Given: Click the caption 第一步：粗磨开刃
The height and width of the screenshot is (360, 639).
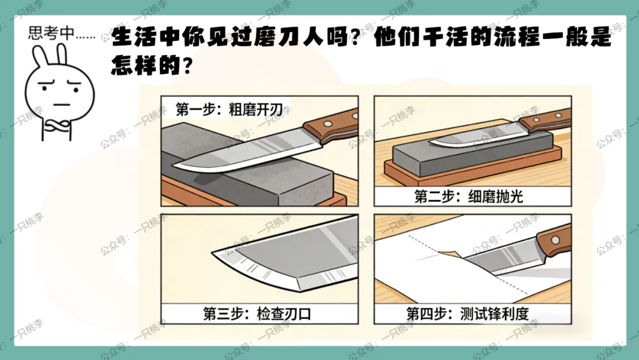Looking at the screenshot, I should pos(233,110).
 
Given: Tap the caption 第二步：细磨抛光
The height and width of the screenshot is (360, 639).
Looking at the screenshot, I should pos(469,197).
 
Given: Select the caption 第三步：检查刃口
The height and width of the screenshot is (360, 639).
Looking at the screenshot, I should pos(257,314).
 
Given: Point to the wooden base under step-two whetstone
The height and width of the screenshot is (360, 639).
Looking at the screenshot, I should pos(473,172).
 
